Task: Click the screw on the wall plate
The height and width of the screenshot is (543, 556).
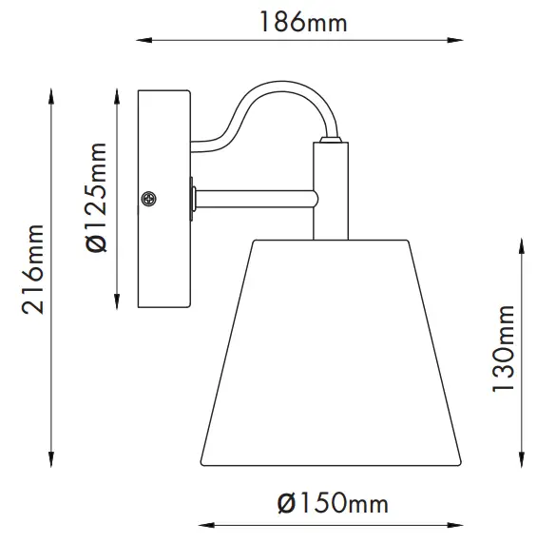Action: point(148,198)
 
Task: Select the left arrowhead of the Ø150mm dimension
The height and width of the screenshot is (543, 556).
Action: point(202,523)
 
